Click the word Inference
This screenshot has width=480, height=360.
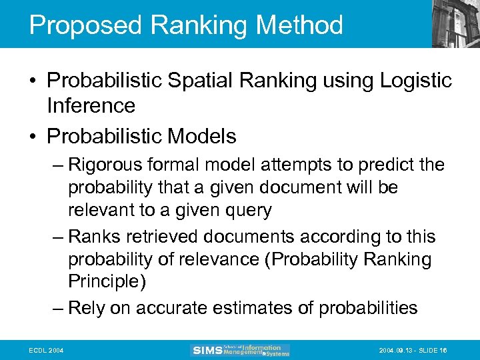pyautogui.click(x=91, y=105)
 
